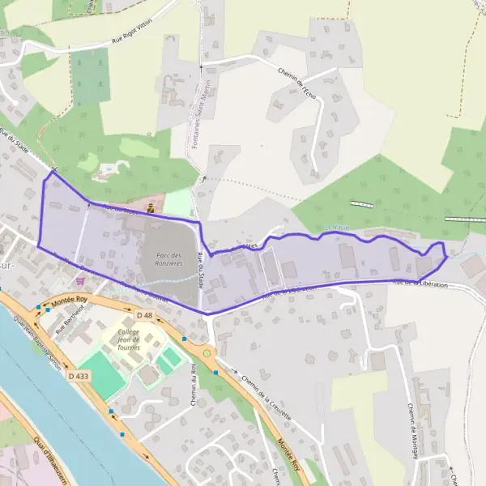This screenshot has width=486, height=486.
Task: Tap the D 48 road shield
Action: coord(145,314)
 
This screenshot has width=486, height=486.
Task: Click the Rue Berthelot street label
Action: coord(71,320)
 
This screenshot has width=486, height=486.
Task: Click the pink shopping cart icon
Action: coord(79,280)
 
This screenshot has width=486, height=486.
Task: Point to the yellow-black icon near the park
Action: coord(151,207)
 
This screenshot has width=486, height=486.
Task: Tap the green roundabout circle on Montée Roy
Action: coord(207,352)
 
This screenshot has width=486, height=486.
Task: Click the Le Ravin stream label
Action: coord(338,228)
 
